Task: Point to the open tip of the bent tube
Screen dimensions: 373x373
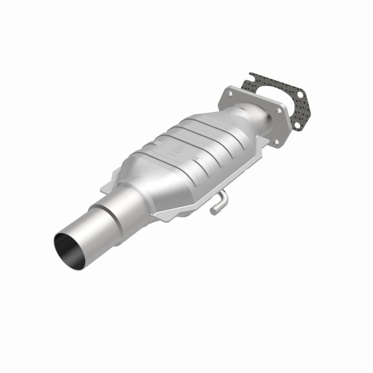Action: click(x=213, y=211)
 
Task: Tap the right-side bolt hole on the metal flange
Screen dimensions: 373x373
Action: click(x=279, y=111)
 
